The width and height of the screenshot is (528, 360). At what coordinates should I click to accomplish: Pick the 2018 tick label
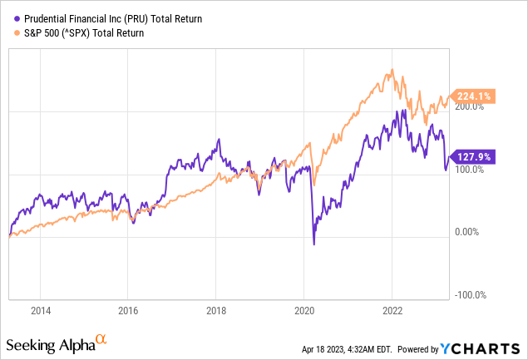point(215,311)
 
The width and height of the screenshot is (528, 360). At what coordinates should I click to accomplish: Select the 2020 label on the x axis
point(303,311)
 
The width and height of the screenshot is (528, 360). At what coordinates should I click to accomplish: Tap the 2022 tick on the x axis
point(392,311)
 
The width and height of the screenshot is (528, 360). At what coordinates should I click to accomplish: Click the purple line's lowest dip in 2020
point(314,244)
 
